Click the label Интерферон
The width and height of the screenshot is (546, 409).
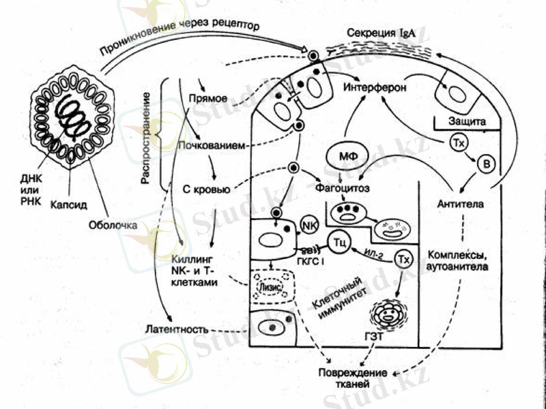(375, 89)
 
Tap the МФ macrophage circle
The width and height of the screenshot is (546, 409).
(343, 157)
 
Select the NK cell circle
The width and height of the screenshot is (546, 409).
(308, 224)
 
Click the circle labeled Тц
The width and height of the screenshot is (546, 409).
(339, 241)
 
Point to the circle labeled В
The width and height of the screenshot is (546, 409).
(486, 164)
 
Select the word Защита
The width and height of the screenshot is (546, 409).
(467, 121)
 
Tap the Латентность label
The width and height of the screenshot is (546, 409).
(176, 329)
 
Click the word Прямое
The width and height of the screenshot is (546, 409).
(208, 98)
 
